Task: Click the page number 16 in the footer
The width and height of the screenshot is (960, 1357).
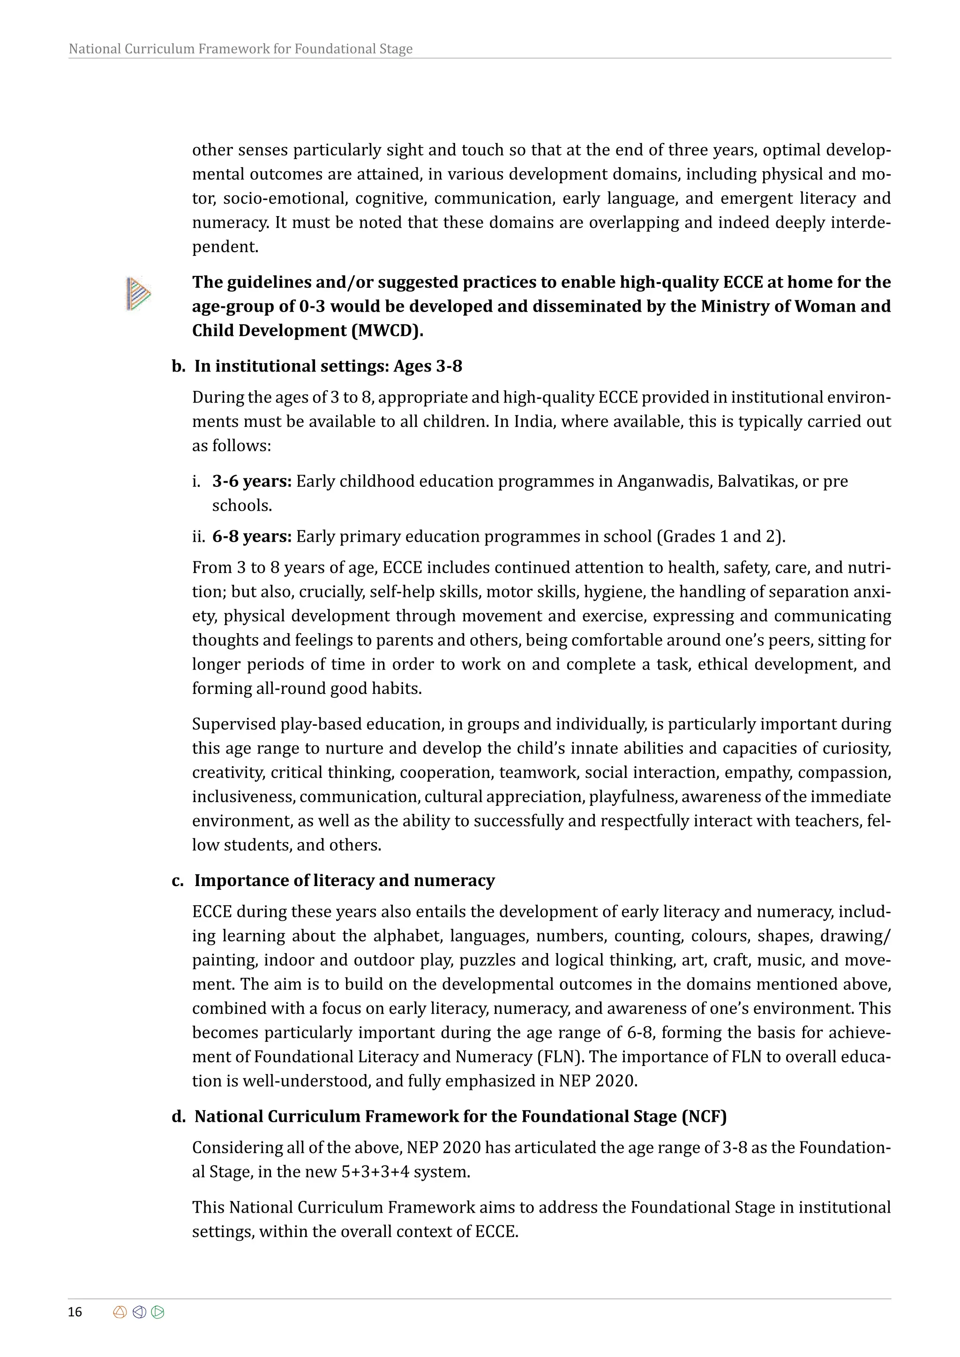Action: click(75, 1312)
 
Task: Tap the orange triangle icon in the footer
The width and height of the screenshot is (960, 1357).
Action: click(120, 1312)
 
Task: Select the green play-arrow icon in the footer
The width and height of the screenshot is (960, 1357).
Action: click(158, 1312)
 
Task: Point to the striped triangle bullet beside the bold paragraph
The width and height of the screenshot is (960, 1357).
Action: click(138, 293)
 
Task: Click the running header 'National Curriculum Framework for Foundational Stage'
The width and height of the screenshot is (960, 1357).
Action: click(240, 49)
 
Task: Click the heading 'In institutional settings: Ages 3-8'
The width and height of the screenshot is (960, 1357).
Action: click(328, 366)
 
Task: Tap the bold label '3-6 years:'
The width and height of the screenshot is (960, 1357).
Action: click(252, 481)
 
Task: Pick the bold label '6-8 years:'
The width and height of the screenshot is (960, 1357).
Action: click(252, 537)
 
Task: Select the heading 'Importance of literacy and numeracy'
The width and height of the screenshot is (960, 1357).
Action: click(344, 880)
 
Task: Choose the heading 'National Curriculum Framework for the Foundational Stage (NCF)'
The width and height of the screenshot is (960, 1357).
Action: click(460, 1117)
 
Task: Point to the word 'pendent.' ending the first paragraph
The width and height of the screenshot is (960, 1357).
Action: click(225, 247)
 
